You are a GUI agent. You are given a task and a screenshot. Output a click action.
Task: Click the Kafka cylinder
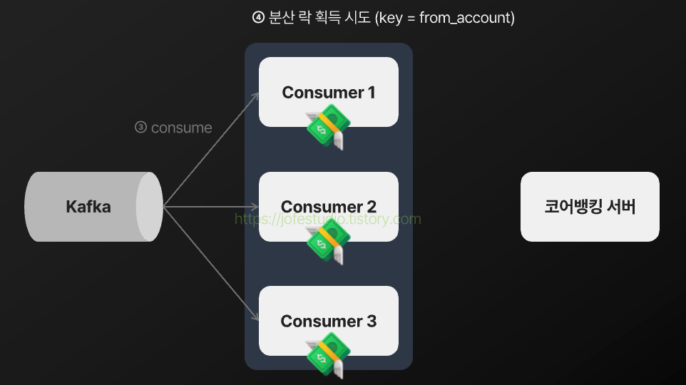(93, 207)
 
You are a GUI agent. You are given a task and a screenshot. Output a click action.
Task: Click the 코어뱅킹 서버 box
(590, 207)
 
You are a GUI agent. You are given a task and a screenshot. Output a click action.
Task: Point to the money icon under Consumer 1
(324, 128)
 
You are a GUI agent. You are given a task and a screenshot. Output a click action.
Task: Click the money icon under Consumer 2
(324, 242)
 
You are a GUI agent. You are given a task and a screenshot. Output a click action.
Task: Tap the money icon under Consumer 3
(324, 356)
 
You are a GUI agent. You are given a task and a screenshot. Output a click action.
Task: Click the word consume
(182, 128)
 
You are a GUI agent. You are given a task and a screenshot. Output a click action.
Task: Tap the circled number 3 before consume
(140, 128)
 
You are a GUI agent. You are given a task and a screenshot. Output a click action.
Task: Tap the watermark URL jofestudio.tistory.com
(328, 219)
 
